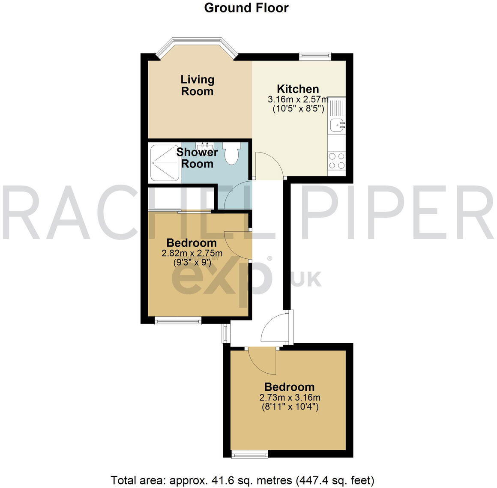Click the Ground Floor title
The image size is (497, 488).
point(246,8)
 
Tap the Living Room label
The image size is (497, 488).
point(197,85)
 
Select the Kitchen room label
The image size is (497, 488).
point(298,89)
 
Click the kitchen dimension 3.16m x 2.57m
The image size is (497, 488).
point(298,99)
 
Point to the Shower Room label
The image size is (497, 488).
point(198,158)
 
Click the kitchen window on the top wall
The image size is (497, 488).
point(315,55)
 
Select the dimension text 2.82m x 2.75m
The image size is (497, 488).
point(192,253)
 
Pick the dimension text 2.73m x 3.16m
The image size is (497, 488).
point(290,397)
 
